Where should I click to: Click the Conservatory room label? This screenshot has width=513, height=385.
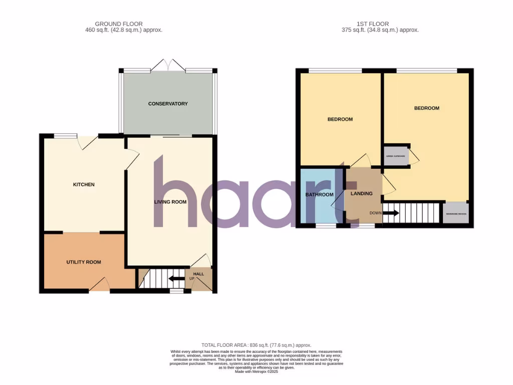point(168,104)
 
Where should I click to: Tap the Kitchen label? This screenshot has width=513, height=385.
point(84,184)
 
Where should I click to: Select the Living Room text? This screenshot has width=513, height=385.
point(170,203)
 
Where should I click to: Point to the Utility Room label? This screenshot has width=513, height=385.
point(84,262)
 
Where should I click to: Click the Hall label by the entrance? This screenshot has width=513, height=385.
point(199,274)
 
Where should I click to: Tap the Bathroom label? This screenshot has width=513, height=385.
point(319,195)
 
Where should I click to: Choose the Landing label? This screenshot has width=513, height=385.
point(361,194)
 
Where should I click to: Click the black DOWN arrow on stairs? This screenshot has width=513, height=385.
point(391,213)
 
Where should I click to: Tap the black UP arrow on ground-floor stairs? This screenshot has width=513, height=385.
point(176,279)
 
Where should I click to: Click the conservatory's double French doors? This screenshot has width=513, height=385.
point(168,65)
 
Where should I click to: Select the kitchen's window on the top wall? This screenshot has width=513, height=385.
point(65,135)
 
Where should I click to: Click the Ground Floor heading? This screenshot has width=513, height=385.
point(119,24)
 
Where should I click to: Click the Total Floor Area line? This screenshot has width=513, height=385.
point(256,345)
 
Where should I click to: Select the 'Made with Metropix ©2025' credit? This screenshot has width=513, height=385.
point(256,371)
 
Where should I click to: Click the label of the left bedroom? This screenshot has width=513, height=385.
point(340,119)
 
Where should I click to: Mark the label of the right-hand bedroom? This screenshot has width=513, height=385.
point(426,108)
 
